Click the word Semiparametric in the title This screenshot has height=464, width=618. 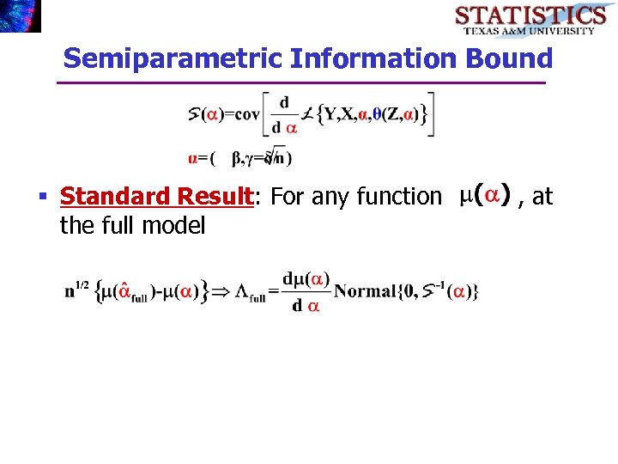(173, 59)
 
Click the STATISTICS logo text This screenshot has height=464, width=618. (530, 15)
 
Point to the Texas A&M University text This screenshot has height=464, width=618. (529, 31)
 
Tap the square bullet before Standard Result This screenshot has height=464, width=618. (42, 198)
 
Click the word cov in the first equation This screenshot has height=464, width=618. (246, 114)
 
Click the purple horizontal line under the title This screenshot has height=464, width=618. (300, 83)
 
